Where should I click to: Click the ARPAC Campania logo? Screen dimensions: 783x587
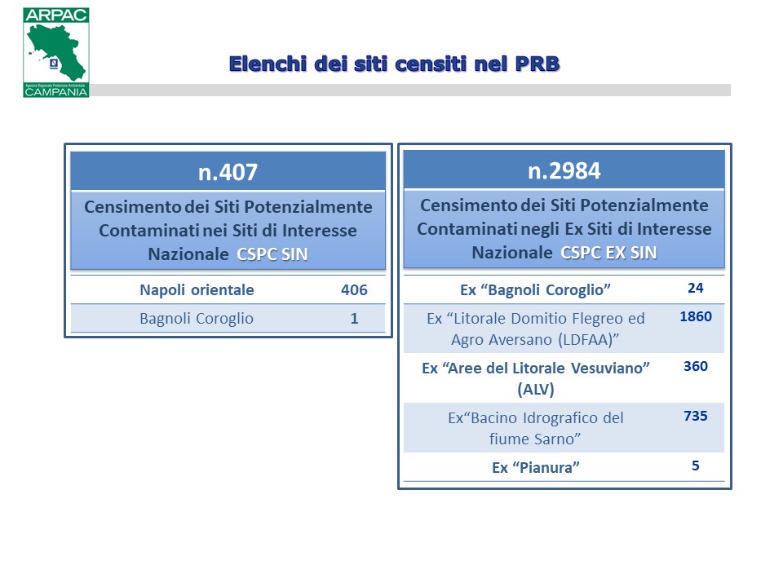pyautogui.click(x=56, y=52)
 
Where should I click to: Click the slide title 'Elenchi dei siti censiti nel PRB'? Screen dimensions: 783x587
pyautogui.click(x=395, y=64)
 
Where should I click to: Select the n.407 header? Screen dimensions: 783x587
pyautogui.click(x=228, y=172)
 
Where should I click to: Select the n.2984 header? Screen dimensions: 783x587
pyautogui.click(x=564, y=170)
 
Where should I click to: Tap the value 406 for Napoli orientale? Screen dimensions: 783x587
pyautogui.click(x=354, y=290)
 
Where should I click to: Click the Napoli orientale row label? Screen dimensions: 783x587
pyautogui.click(x=197, y=290)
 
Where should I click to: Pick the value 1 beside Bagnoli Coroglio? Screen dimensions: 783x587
pyautogui.click(x=354, y=319)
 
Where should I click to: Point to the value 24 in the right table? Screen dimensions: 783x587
pyautogui.click(x=696, y=288)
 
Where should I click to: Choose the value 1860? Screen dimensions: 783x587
pyautogui.click(x=696, y=316)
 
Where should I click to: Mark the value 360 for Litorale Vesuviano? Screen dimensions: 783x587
pyautogui.click(x=696, y=366)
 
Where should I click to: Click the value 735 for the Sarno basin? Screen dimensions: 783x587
pyautogui.click(x=696, y=416)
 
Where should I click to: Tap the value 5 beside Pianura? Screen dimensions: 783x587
pyautogui.click(x=696, y=466)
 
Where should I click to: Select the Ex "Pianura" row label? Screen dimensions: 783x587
pyautogui.click(x=536, y=468)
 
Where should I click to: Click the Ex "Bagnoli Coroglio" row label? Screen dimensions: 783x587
pyautogui.click(x=535, y=290)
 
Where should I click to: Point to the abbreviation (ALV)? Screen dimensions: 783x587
pyautogui.click(x=536, y=390)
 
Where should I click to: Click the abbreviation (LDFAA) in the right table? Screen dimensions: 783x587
pyautogui.click(x=586, y=340)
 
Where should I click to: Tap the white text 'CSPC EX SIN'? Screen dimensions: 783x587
pyautogui.click(x=608, y=253)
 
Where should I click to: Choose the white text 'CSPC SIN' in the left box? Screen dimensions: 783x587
pyautogui.click(x=272, y=254)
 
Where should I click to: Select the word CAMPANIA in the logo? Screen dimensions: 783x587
pyautogui.click(x=56, y=92)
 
